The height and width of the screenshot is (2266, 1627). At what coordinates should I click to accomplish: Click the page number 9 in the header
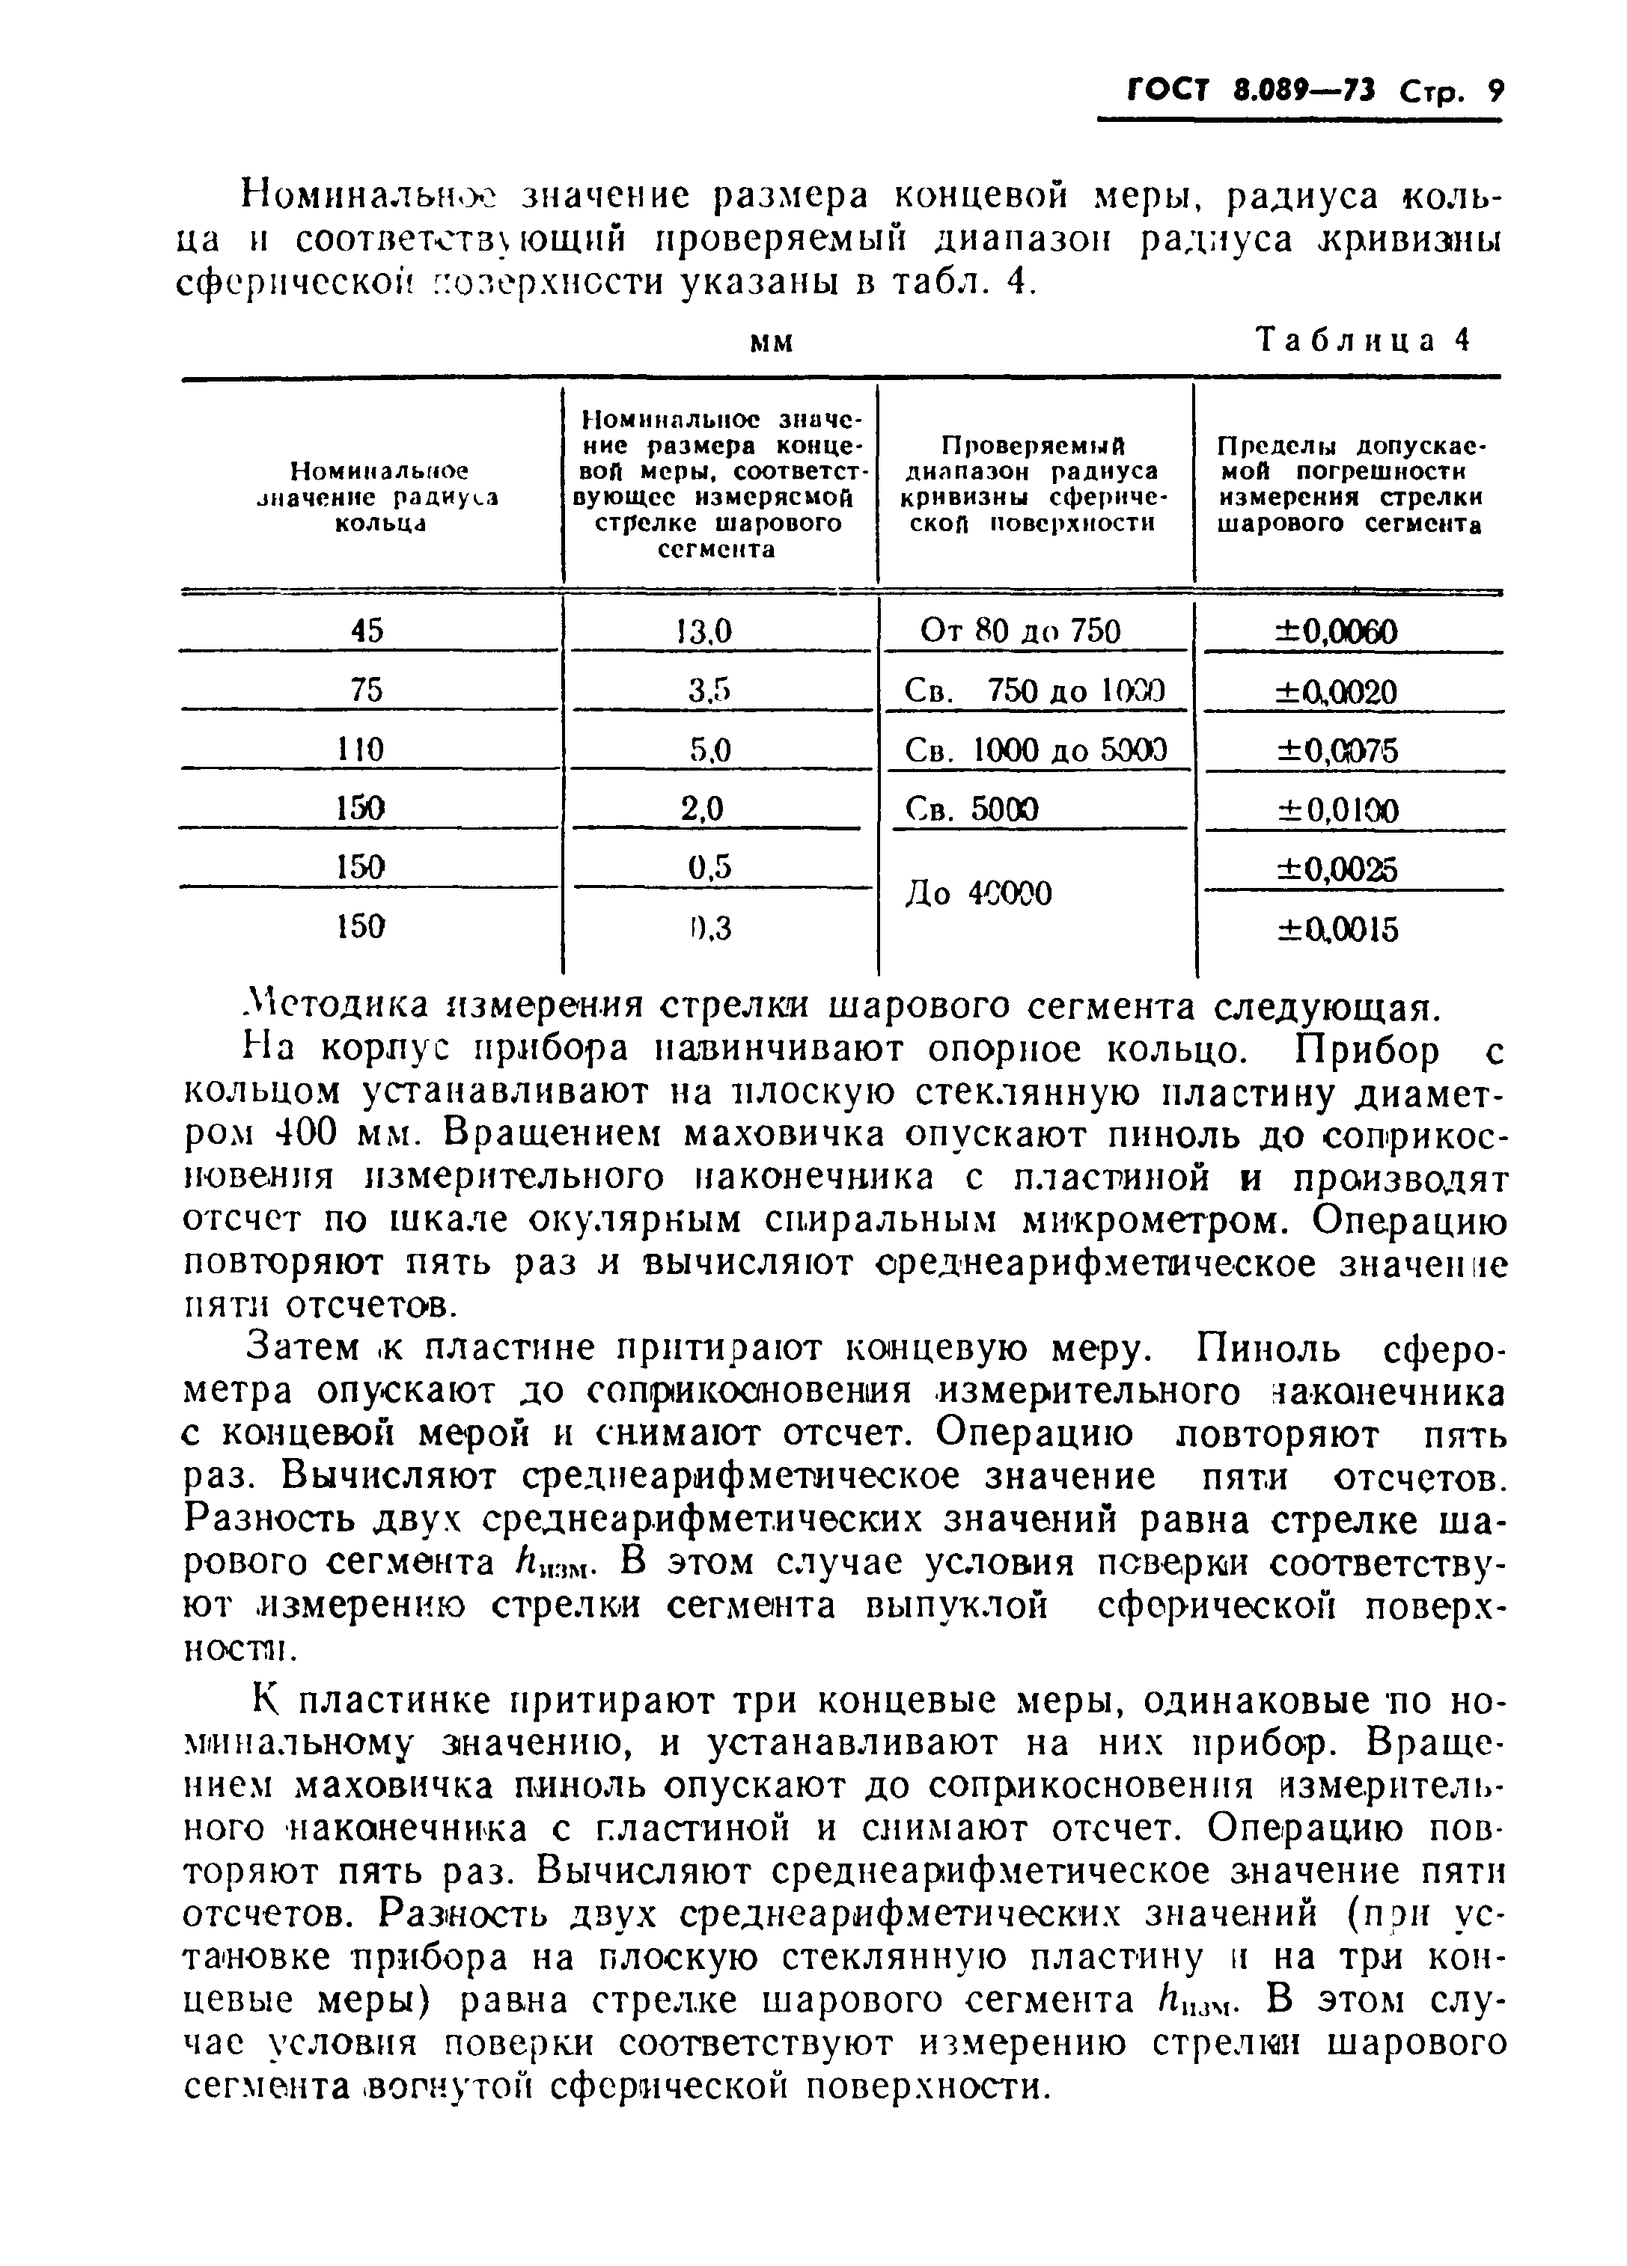(x=1494, y=93)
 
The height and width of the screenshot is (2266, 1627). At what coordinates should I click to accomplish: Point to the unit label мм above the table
(x=772, y=343)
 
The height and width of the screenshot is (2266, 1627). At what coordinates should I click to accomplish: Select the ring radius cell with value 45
(x=367, y=631)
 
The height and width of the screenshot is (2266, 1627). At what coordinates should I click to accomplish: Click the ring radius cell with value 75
(x=367, y=690)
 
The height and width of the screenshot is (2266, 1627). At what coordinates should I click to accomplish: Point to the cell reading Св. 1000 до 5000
(x=1035, y=750)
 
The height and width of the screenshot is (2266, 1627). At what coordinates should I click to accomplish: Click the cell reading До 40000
(x=978, y=893)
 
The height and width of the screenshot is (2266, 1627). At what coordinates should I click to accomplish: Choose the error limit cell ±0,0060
(x=1337, y=631)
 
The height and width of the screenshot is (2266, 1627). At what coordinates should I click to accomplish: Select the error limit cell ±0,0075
(x=1337, y=750)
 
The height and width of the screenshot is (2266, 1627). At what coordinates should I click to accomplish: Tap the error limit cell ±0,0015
(x=1337, y=930)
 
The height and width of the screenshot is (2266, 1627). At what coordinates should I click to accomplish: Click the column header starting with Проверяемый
(x=1034, y=483)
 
